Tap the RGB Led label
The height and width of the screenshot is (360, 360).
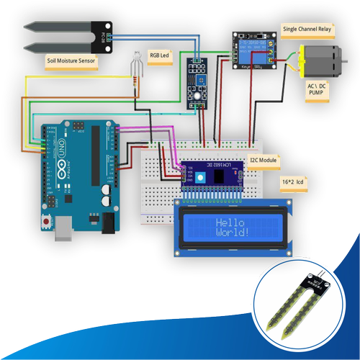coord(160,54)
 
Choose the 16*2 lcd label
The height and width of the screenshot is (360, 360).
coord(293,183)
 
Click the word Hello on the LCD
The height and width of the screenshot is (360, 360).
coord(230,222)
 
